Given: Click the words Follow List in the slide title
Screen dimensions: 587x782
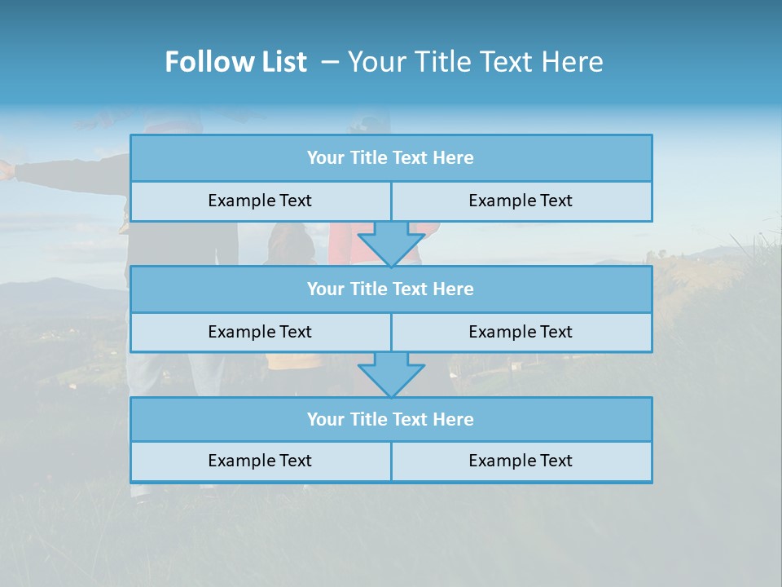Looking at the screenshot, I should point(235,62).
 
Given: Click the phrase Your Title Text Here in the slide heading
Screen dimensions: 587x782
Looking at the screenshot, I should point(475,62).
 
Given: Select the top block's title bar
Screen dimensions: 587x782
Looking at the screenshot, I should point(391,158).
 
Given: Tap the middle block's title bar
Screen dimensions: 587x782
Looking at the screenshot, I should point(391,289).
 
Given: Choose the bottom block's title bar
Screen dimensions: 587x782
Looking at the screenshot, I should point(391,420).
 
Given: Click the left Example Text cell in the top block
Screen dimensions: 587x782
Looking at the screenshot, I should point(260,201).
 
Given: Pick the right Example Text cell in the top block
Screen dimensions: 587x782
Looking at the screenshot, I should point(521,201).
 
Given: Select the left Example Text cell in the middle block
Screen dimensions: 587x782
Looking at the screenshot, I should point(260,332).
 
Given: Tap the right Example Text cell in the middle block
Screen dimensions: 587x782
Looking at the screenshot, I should point(521,332).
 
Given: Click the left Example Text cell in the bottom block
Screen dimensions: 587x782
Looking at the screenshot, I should point(260,461).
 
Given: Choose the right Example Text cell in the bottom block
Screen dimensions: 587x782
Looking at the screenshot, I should point(521,461).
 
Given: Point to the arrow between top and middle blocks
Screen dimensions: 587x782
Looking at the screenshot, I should point(391,243).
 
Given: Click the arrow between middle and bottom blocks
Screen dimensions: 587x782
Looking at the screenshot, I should point(391,374).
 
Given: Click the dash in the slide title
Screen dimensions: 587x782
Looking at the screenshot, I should point(330,62).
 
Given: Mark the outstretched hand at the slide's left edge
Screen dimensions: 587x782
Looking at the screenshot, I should point(7,170).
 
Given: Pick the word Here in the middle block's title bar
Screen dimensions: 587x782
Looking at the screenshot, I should point(454,289).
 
